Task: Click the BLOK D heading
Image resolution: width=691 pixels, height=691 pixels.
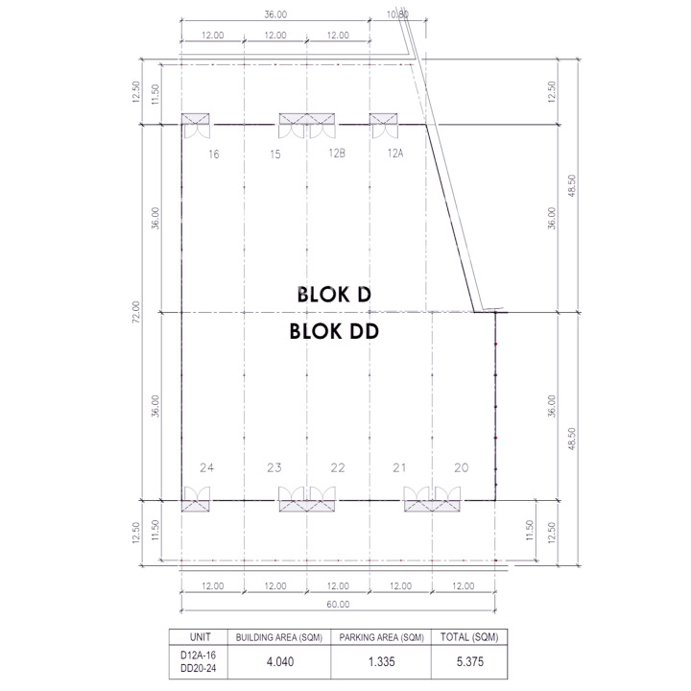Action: [x=335, y=295]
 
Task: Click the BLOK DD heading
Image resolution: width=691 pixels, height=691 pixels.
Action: [x=335, y=331]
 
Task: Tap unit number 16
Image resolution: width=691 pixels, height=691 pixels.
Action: [x=214, y=155]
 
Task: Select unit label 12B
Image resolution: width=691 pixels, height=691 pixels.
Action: [x=337, y=153]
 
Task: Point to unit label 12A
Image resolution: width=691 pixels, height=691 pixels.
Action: [x=395, y=153]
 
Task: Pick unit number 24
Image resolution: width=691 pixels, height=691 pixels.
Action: [x=206, y=467]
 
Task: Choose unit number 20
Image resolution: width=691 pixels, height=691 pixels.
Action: [x=462, y=467]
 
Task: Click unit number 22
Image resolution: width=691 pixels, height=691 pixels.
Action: [x=338, y=467]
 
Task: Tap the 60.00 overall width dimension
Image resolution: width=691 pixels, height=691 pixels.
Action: [x=338, y=605]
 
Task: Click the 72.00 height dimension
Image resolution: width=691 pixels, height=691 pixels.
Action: [x=136, y=312]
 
